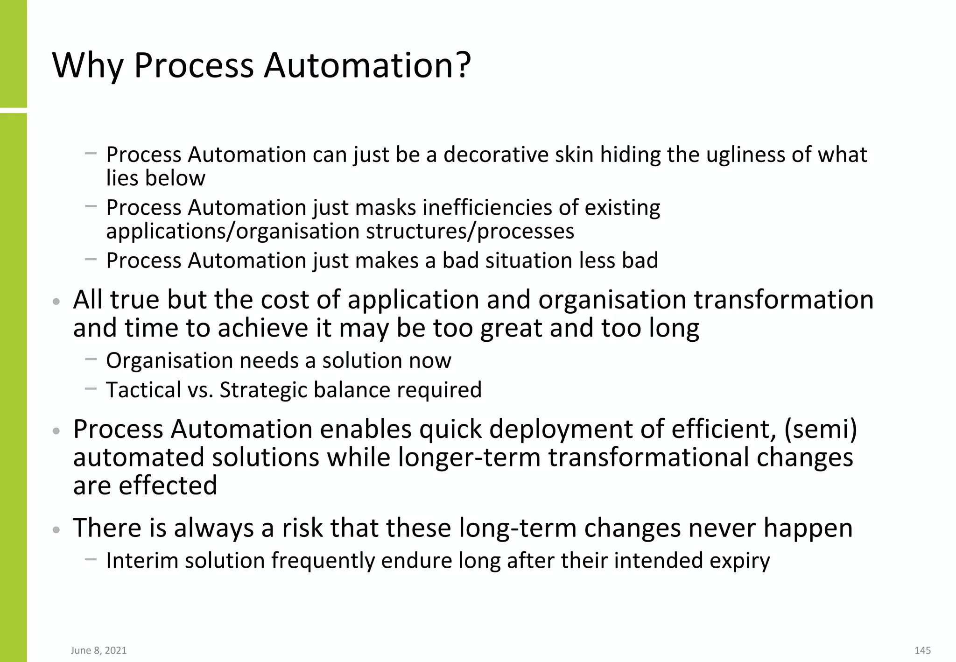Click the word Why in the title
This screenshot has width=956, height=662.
(88, 65)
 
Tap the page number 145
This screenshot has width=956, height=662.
(922, 650)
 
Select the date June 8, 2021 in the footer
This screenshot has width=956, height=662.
(99, 650)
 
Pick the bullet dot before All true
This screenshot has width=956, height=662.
(56, 302)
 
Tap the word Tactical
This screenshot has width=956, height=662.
(143, 390)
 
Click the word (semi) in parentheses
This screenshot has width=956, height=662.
(820, 429)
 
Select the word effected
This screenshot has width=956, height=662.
(168, 486)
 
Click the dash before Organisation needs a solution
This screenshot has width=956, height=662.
(91, 359)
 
